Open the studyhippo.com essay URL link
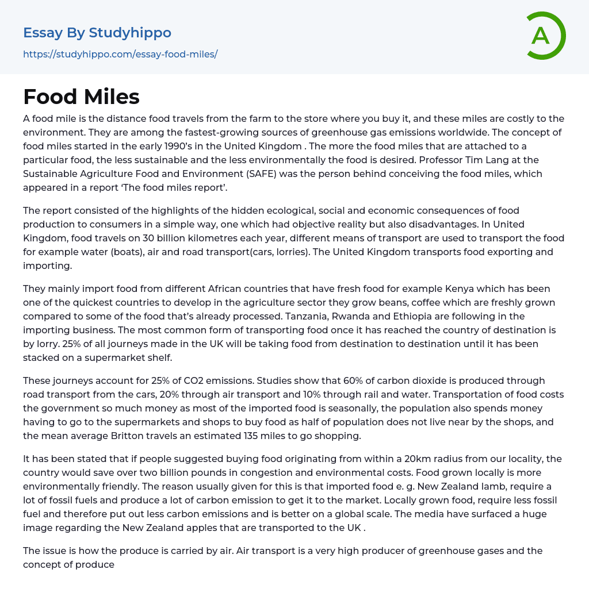click(120, 55)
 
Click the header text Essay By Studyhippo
click(97, 33)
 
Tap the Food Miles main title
click(81, 97)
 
